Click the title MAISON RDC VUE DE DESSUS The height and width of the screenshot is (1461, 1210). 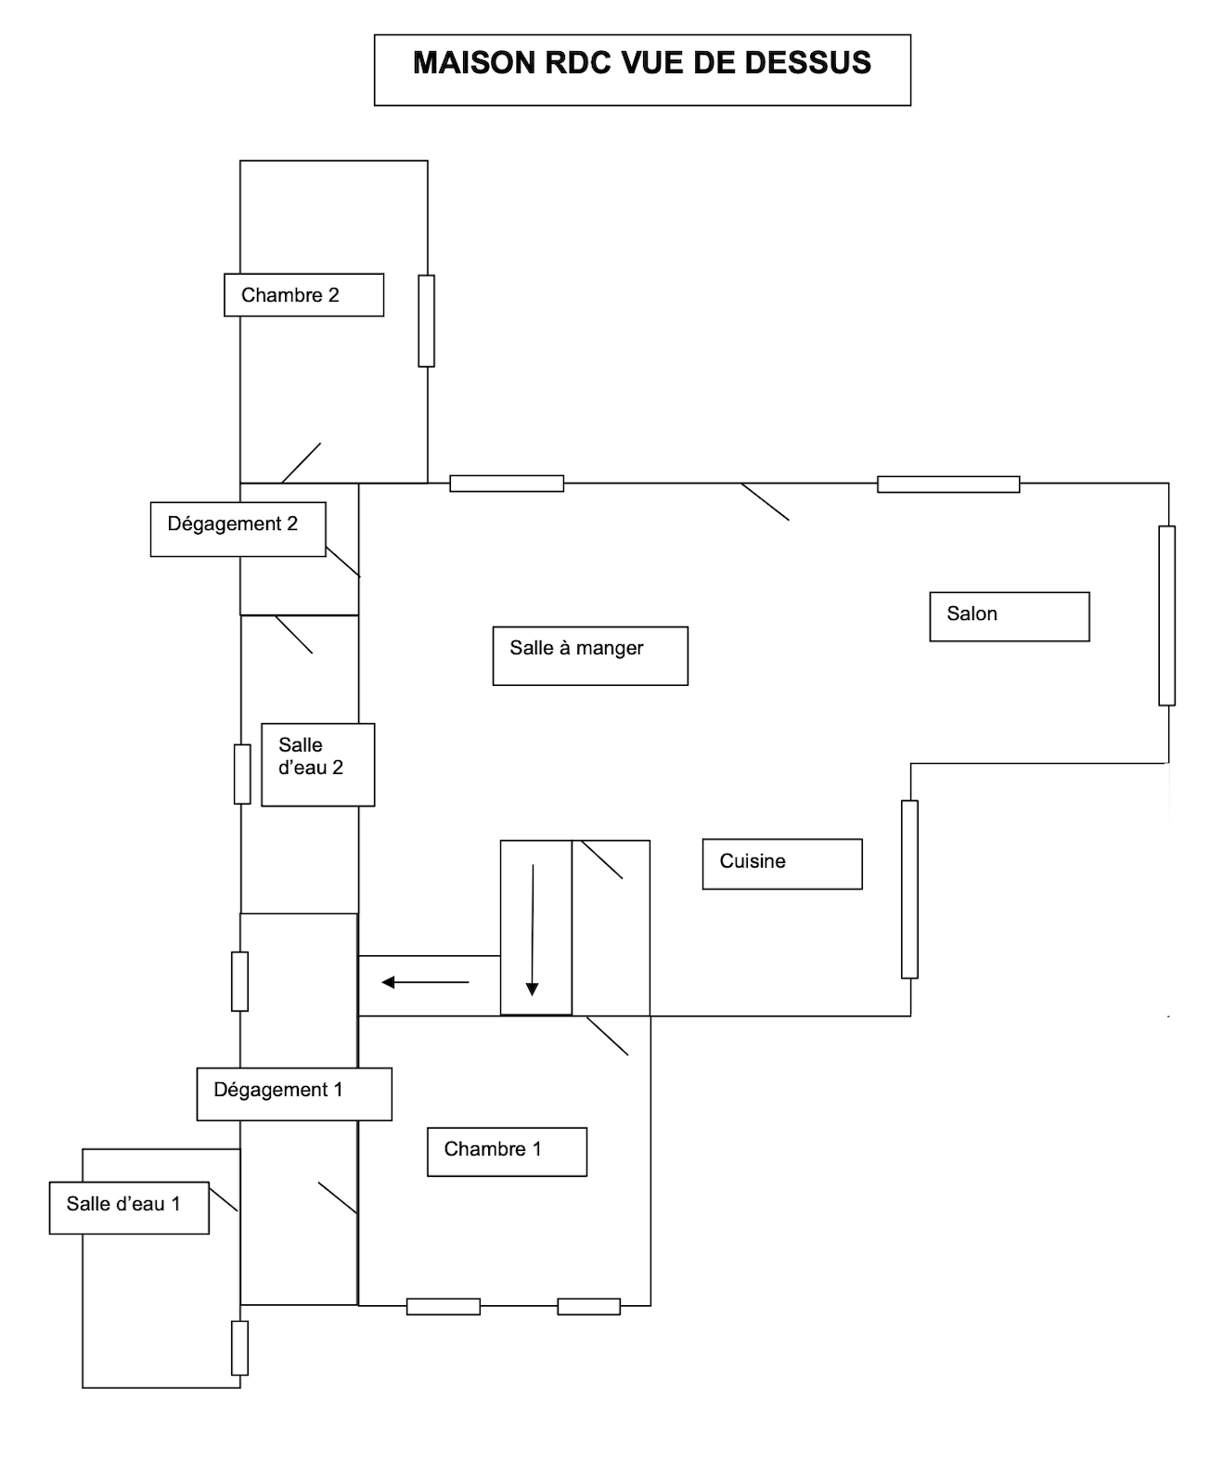[x=642, y=63]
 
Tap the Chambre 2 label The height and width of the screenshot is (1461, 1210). [x=290, y=295]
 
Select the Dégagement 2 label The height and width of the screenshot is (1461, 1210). [x=232, y=524]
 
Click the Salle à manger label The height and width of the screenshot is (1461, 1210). [x=576, y=648]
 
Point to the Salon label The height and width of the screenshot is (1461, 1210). [x=972, y=614]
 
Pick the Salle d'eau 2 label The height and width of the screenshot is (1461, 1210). [x=311, y=756]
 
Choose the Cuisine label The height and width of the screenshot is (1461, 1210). [x=753, y=860]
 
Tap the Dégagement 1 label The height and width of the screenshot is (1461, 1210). [x=277, y=1090]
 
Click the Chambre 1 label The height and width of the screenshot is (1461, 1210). [x=493, y=1149]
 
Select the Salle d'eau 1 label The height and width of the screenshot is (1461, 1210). [x=123, y=1204]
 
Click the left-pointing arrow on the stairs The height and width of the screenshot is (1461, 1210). [x=425, y=982]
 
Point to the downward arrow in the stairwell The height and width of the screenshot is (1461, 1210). [x=533, y=930]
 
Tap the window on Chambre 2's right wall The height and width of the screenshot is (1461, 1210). [x=427, y=321]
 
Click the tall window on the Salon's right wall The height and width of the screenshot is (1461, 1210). [x=1166, y=615]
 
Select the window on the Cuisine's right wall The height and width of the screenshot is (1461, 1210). [x=909, y=889]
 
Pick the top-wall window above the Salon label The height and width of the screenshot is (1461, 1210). [x=948, y=485]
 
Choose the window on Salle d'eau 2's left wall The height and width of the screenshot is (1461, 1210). [x=242, y=774]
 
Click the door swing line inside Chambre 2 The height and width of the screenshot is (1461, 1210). [x=301, y=463]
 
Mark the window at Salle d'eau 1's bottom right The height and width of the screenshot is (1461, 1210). [x=240, y=1349]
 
